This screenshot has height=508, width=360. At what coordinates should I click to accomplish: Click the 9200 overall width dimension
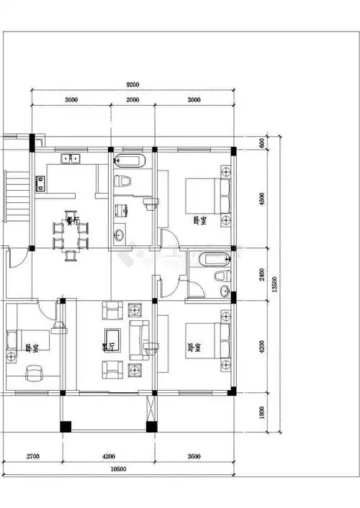click(x=133, y=84)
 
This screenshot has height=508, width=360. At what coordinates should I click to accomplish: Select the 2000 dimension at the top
click(x=133, y=100)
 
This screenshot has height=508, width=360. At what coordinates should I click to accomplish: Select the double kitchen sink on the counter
click(x=71, y=158)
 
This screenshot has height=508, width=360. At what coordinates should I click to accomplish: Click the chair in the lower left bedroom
click(x=32, y=372)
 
